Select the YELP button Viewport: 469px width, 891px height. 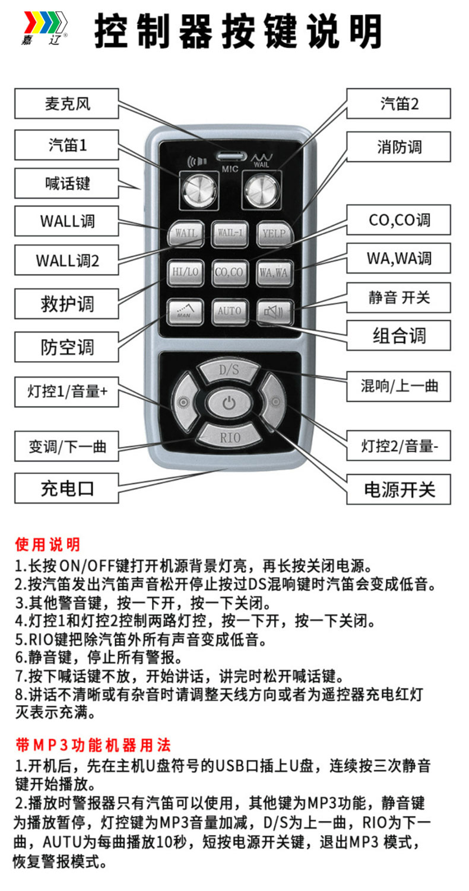tap(274, 233)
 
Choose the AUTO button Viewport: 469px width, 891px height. tap(229, 310)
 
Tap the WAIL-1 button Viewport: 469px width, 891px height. tap(229, 233)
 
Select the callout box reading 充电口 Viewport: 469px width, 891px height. tap(67, 488)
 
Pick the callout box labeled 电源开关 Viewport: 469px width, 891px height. tap(399, 489)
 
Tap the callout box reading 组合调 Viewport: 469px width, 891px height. tap(399, 336)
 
